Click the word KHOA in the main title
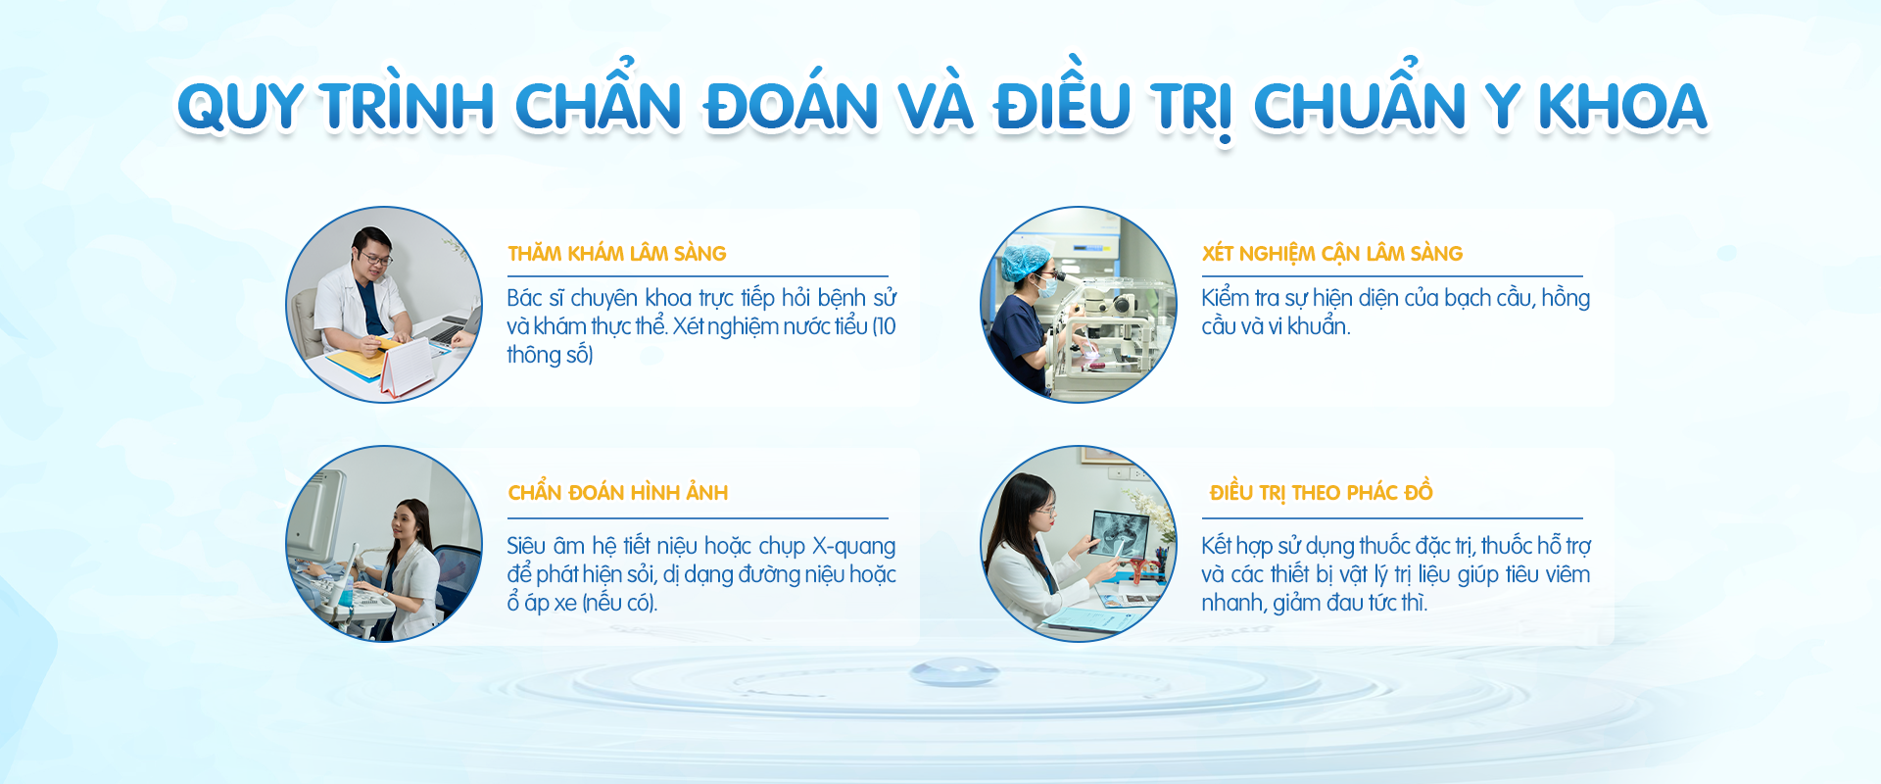click(1622, 107)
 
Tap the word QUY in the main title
click(239, 107)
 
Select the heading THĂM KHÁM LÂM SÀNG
click(617, 253)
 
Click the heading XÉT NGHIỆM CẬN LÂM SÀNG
click(1332, 254)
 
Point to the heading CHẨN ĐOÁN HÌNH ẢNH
click(618, 491)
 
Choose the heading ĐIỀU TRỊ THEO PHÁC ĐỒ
click(1322, 491)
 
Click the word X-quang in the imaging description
click(854, 546)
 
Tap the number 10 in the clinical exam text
click(885, 326)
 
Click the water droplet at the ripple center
click(953, 672)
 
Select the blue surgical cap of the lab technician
click(1024, 262)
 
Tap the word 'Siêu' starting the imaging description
click(526, 546)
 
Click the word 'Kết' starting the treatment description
click(1218, 546)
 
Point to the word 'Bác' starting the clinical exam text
click(524, 298)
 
